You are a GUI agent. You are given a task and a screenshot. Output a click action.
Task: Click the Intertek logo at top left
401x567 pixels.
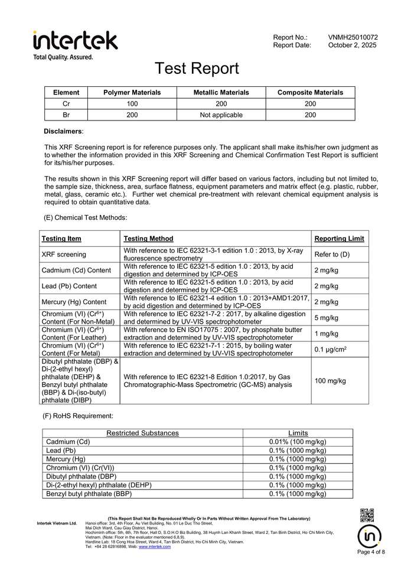pos(76,41)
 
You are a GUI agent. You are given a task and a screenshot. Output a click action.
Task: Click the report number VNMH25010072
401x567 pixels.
pos(353,37)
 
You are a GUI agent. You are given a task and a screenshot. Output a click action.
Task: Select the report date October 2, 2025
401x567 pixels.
pos(352,45)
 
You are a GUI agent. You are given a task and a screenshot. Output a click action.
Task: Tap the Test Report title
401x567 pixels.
pos(197,69)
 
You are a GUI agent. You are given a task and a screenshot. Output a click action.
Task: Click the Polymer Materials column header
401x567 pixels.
pos(132,93)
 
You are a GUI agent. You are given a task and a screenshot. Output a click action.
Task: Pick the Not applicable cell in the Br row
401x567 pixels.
pos(221,115)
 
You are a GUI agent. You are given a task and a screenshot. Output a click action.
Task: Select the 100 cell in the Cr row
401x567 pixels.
pos(132,104)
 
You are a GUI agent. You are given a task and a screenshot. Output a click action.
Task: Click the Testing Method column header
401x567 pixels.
pos(148,239)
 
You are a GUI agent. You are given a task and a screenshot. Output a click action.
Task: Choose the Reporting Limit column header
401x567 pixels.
pos(339,239)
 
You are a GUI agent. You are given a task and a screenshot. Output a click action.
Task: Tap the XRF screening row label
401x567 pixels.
pos(64,255)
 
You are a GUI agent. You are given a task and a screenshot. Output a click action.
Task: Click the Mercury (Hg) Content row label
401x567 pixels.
pos(74,302)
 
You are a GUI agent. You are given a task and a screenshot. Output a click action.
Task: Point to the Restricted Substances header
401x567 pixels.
pos(142,433)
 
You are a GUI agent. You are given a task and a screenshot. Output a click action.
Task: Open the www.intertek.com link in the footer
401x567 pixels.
pos(155,547)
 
